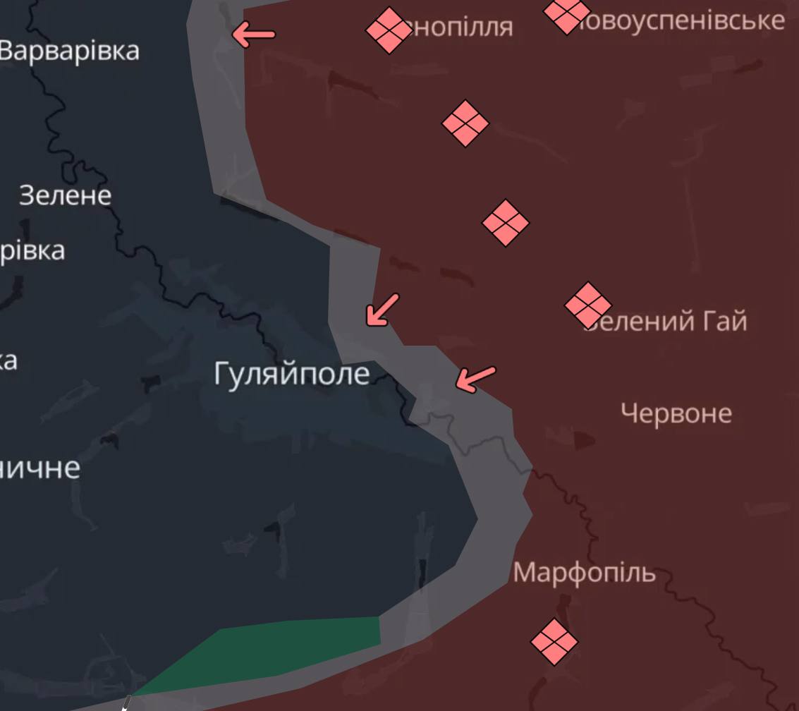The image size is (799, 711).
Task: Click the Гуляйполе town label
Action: point(291,373)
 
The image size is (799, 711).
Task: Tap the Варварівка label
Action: point(69,51)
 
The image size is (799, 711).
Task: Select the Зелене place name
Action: point(65,195)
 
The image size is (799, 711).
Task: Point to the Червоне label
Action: point(676,413)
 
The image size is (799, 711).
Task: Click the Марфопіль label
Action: point(584,572)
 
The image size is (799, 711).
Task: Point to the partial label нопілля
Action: point(461,27)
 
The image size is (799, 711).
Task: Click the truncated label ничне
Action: point(39,468)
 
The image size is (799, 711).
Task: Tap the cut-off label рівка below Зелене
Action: point(32,250)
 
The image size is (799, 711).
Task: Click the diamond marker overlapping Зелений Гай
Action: point(587,305)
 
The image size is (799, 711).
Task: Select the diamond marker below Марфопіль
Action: point(554,642)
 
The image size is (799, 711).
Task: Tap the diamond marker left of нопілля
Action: point(389,30)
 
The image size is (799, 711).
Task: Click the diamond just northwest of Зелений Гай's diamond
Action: point(506,223)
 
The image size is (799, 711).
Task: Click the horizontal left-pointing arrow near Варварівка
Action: point(253,34)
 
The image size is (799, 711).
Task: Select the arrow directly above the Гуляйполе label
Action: point(382,310)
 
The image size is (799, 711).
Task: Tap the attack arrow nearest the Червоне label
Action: point(475,378)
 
